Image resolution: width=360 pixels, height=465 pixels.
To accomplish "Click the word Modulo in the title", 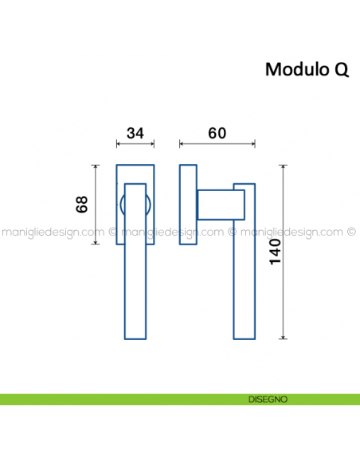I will pos(296,69).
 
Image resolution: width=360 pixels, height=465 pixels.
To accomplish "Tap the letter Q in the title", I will pos(340,70).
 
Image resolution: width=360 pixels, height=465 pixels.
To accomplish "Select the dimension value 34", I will pos(135,133).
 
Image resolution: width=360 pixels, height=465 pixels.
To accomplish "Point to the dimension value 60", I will pos(217,133).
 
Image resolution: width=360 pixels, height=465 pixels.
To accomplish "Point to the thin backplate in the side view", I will pos(189,205).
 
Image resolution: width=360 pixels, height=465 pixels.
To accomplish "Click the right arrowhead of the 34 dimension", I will pos(153,144).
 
